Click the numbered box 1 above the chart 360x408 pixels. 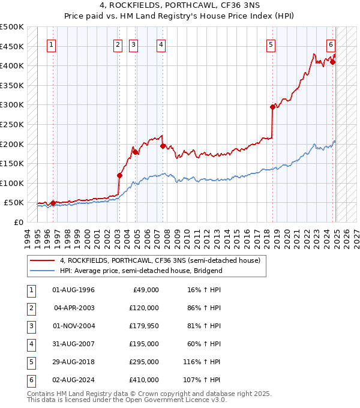51,44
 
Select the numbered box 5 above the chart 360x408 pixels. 271,44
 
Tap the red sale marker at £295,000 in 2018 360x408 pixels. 272,107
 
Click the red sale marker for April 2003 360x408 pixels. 119,176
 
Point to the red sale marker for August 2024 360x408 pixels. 333,62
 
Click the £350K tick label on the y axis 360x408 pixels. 12,85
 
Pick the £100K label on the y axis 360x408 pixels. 12,183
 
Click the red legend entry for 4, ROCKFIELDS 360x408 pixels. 160,261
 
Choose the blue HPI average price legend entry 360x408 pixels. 141,271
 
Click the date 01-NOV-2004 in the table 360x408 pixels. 74,326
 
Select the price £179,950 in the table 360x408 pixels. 143,326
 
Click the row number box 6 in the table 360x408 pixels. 31,380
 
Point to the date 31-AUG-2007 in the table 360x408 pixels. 74,344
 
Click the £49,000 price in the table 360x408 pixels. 146,290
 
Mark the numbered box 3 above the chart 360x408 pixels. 133,44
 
